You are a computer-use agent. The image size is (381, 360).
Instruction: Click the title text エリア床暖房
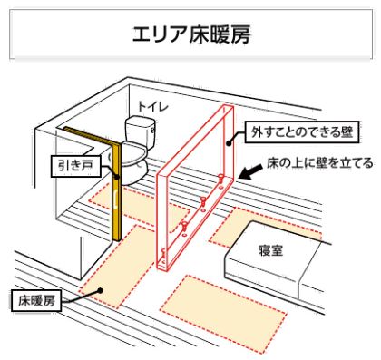(x=190, y=35)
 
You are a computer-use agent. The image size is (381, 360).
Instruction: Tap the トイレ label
(x=144, y=106)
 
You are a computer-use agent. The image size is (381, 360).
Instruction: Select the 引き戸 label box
(x=70, y=165)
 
